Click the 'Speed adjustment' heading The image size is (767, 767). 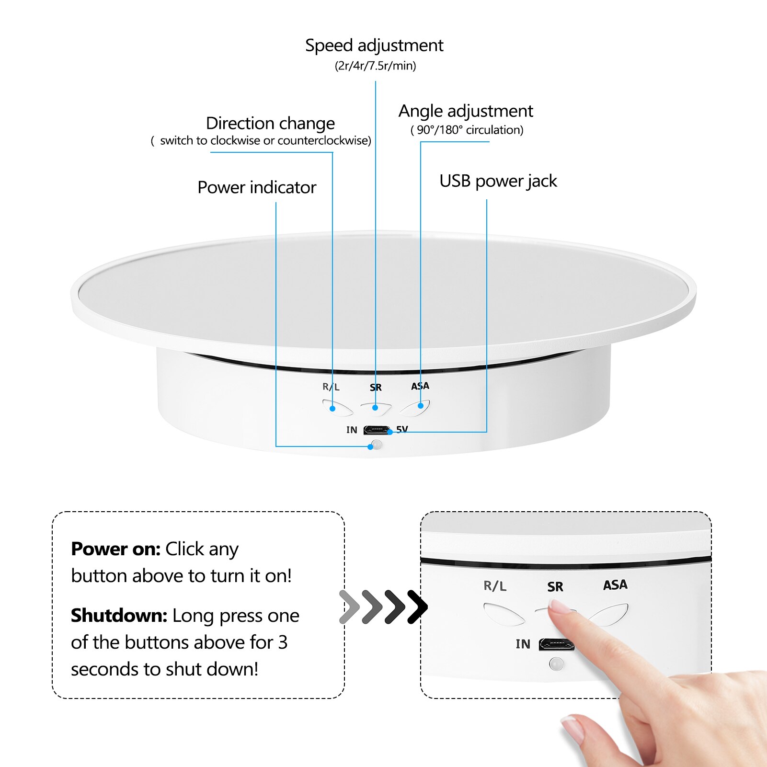coord(374,46)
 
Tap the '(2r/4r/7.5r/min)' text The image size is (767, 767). coord(375,66)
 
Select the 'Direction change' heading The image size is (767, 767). coord(270,123)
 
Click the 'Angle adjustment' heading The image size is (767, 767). coord(466,111)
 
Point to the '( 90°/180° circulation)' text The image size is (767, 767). coord(467,130)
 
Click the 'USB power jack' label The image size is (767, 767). coord(498,181)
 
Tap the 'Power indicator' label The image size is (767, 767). coord(257,187)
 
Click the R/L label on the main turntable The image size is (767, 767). coord(331,387)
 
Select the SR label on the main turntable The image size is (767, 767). coord(376,388)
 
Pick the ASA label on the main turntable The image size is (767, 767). coord(420,386)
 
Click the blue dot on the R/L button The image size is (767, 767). coord(332,408)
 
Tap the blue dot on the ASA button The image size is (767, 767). coord(421,406)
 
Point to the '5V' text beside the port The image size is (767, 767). coord(402,429)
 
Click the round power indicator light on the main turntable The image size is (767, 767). coord(377,445)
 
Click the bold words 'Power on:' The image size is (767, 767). coord(115,549)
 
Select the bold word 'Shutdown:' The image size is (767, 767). coord(119,616)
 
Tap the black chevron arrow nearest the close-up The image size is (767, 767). coord(417,607)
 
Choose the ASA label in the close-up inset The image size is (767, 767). coord(615,585)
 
